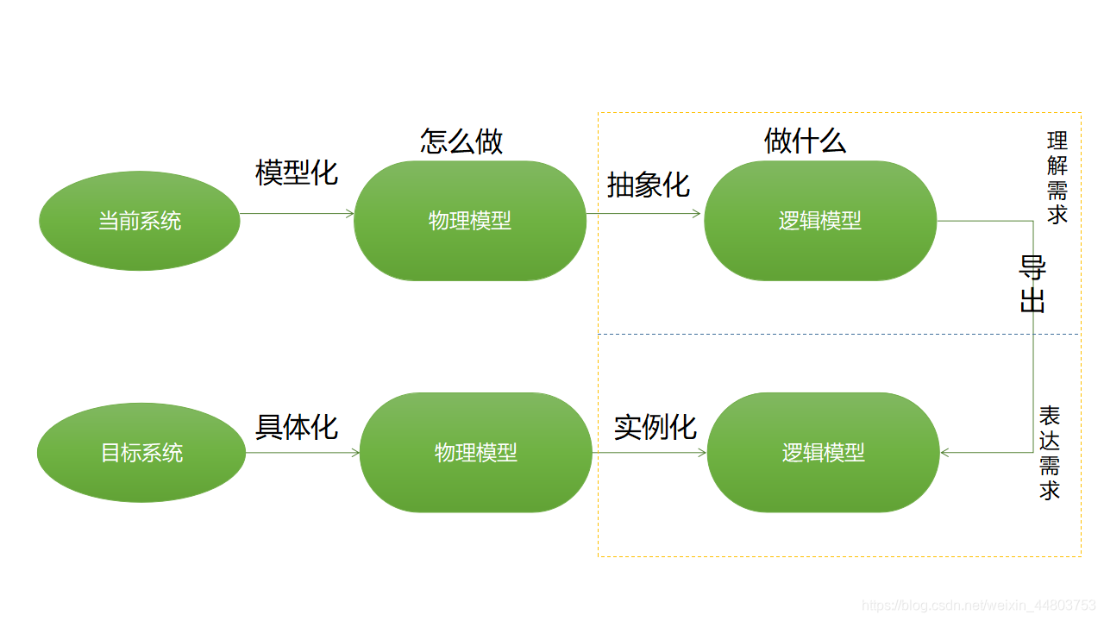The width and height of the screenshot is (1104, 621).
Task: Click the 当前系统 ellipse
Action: coord(140,221)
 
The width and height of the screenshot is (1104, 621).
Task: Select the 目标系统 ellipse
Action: coord(141,453)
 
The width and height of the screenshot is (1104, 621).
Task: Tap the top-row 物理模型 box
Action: coord(470,221)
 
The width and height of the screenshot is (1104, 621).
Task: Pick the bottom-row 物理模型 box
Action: coord(476,453)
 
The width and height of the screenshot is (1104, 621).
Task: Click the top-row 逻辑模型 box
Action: coord(820,221)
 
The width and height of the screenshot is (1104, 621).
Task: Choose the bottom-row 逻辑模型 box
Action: coord(823,453)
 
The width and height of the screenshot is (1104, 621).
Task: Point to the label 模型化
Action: coord(297,172)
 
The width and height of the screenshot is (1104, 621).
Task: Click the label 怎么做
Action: coord(461,141)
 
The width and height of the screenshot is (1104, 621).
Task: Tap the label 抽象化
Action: coord(649,185)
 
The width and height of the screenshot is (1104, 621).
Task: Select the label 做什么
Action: coord(805,141)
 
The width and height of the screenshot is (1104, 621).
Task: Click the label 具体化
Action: coord(297,427)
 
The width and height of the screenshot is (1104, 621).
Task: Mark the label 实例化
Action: coord(655,427)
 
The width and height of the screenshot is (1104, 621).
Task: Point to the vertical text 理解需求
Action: coord(1057,178)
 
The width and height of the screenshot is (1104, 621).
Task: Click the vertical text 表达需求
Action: coord(1050,453)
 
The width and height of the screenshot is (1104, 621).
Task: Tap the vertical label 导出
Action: coord(1032,285)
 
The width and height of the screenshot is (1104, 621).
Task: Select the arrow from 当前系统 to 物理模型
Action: coord(297,213)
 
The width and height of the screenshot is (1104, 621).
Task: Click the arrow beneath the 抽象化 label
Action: coord(644,213)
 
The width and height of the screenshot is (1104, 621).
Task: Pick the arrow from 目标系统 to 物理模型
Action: coord(302,452)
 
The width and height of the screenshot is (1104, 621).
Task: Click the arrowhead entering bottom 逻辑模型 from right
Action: coord(946,452)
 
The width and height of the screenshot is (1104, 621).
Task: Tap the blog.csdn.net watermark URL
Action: coord(979,605)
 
